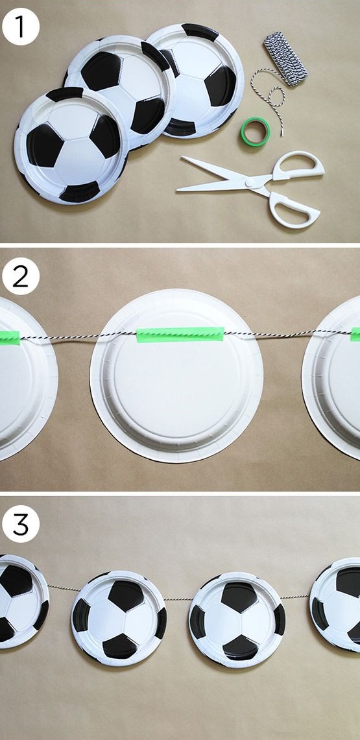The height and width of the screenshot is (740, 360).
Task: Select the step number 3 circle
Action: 20,524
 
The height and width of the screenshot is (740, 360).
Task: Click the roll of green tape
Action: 256,132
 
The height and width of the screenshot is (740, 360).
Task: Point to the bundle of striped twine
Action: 285,59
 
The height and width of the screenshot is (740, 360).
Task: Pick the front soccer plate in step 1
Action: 71,145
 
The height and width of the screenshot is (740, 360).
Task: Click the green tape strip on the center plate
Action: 180,335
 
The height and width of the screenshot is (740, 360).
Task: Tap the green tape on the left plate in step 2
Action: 10,337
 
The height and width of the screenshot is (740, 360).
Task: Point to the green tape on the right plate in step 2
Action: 355,334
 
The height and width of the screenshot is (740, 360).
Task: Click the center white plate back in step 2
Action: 176,376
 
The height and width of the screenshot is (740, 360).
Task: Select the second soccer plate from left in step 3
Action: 119,618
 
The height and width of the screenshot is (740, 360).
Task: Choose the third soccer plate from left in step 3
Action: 236,619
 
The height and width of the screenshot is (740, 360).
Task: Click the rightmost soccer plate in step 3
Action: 335,604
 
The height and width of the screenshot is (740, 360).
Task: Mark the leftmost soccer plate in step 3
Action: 23,601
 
